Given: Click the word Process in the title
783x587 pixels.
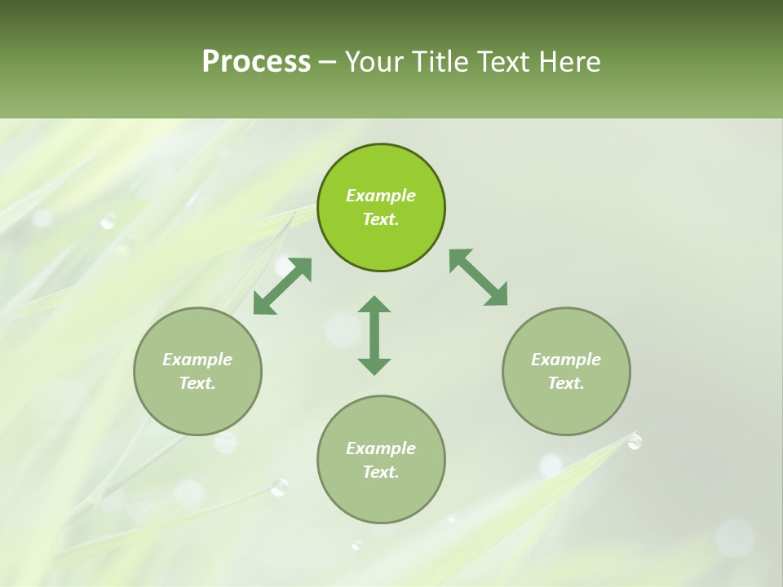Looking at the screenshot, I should [256, 62].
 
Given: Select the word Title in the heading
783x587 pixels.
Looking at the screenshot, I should [441, 62].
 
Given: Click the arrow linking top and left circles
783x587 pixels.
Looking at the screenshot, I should [282, 286].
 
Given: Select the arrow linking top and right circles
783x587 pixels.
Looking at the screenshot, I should [478, 278].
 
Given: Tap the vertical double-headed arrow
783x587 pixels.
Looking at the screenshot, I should [374, 335].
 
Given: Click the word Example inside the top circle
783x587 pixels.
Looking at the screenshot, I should [381, 196].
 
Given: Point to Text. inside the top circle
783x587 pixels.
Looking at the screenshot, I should [381, 219].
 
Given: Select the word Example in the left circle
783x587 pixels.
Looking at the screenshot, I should [197, 360].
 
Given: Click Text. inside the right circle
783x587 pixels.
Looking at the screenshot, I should [566, 383].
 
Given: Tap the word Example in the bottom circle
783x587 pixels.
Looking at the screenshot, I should [381, 448].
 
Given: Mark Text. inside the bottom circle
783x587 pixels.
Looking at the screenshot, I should [381, 472].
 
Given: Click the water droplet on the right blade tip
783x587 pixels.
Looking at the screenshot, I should [635, 441].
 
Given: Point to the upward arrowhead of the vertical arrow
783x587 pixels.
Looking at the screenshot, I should [374, 305].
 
